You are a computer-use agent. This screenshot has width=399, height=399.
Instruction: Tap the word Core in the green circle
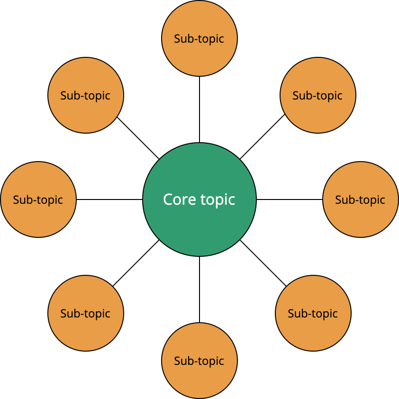pos(176,199)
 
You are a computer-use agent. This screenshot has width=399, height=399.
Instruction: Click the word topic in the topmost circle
pos(210,39)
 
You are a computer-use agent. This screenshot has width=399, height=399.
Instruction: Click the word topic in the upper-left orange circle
pos(97,96)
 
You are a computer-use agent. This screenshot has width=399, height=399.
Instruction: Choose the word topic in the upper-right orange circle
pos(329,96)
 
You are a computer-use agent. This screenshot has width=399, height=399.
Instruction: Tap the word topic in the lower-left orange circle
pos(97,314)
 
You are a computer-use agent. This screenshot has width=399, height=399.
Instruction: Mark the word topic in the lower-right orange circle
pos(324,314)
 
